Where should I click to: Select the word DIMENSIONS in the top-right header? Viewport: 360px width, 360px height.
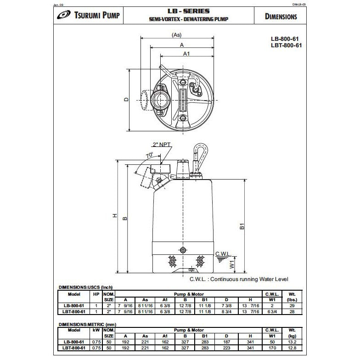[x=281, y=17]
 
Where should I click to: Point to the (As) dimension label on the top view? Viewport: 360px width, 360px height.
[x=176, y=35]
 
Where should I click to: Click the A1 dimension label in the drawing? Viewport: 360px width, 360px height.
[x=187, y=54]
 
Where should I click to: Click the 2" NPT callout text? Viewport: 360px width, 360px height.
[x=163, y=145]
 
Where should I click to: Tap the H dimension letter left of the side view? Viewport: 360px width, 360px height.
[x=114, y=216]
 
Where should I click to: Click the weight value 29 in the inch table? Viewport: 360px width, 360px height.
[x=291, y=305]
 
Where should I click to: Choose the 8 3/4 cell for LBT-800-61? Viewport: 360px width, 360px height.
[x=226, y=311]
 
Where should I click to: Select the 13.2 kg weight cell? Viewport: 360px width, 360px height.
[x=291, y=342]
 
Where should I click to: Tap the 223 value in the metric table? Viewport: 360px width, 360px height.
[x=226, y=348]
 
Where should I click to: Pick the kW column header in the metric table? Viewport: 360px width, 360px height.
[x=96, y=330]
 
